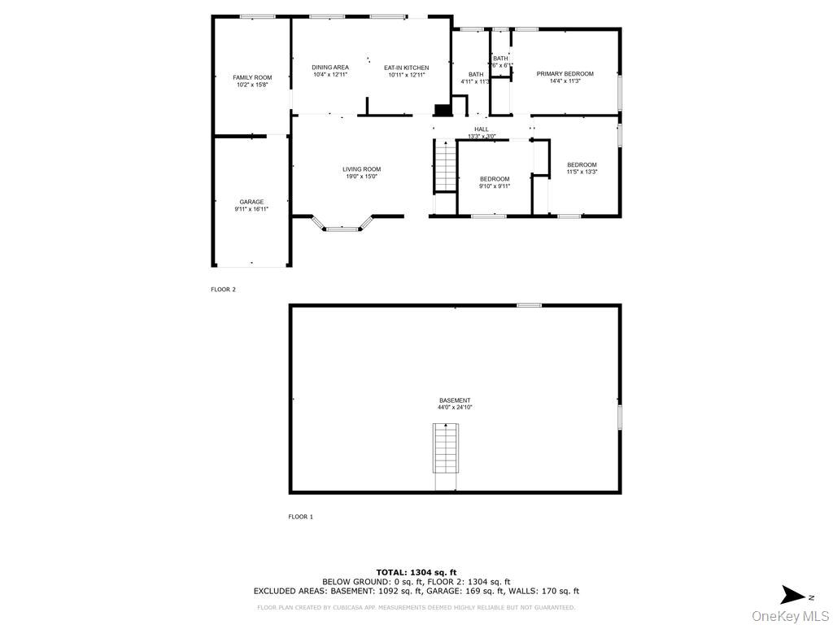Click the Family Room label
(252, 77)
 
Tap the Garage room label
(251, 202)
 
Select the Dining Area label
(330, 68)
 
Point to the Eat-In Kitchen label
(406, 68)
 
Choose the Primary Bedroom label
(565, 74)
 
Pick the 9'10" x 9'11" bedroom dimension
(495, 186)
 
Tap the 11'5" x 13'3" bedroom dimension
(582, 172)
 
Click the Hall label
(482, 129)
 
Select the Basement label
(455, 400)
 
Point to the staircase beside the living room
(444, 166)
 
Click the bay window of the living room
(342, 229)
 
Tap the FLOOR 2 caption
(223, 289)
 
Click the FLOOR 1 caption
(300, 517)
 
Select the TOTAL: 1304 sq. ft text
(416, 572)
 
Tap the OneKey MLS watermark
(790, 615)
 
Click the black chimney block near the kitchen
(443, 111)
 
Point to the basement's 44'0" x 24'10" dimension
(455, 408)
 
